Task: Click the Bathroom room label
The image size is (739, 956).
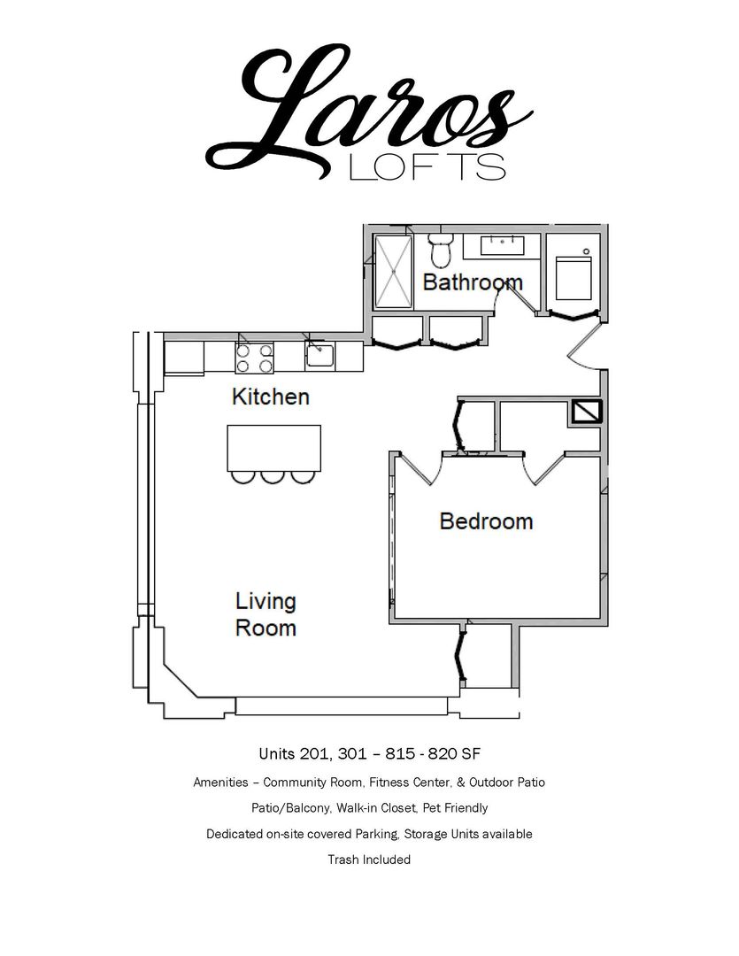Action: [473, 282]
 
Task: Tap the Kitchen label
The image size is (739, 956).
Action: [271, 397]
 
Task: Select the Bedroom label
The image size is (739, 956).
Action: [486, 521]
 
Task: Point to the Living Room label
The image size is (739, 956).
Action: [266, 614]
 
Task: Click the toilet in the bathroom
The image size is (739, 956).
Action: [439, 250]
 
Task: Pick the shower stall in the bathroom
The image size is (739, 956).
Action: [393, 272]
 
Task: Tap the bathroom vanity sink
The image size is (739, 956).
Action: [503, 245]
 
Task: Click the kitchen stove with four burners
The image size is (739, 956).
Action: [254, 358]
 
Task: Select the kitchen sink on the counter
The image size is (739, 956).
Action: [319, 356]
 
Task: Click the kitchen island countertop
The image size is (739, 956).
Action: [273, 448]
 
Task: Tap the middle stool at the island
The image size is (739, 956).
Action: [273, 477]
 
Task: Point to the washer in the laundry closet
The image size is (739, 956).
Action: [573, 277]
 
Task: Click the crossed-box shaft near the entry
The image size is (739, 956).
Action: [586, 412]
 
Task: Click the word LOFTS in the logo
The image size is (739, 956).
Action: [427, 167]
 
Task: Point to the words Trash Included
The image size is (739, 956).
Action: [369, 860]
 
